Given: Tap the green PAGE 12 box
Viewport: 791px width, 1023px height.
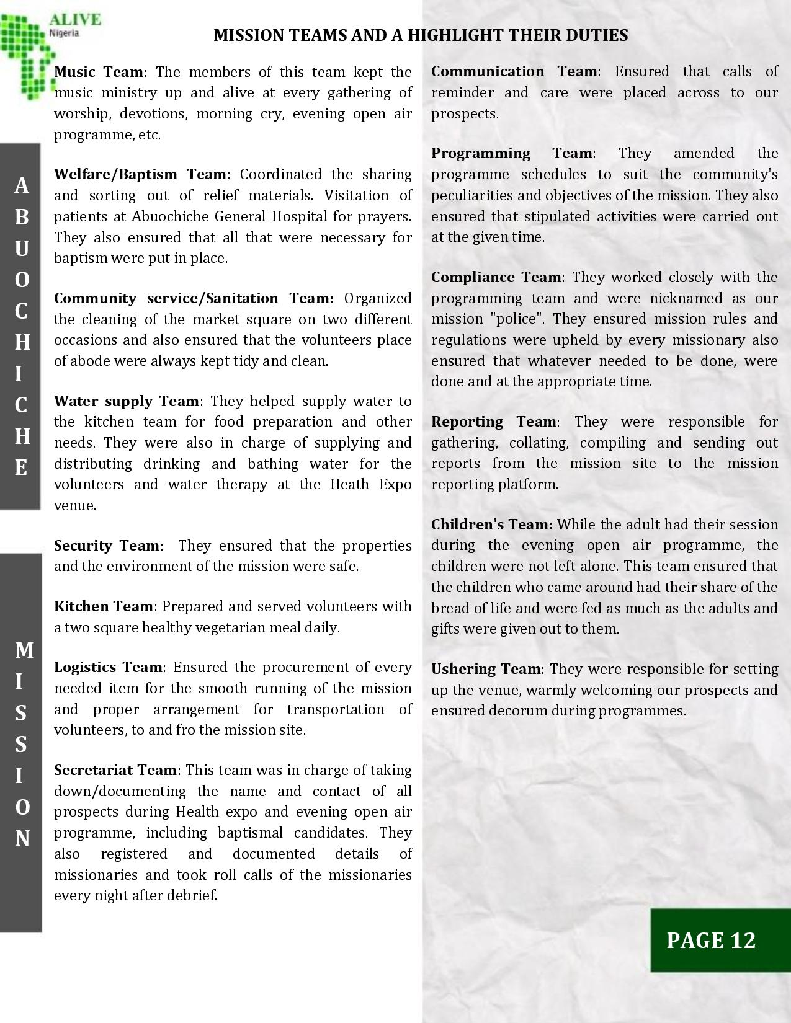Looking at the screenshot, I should pyautogui.click(x=711, y=940).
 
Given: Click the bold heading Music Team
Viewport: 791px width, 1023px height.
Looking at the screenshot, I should pyautogui.click(x=99, y=72).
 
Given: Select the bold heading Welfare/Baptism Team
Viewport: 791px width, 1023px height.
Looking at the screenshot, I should pyautogui.click(x=140, y=174).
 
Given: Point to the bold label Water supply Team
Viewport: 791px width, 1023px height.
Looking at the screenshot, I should pyautogui.click(x=126, y=401).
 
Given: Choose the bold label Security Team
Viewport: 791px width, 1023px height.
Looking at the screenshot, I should pyautogui.click(x=107, y=546).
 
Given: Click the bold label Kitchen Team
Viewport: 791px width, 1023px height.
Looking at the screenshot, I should pyautogui.click(x=103, y=606).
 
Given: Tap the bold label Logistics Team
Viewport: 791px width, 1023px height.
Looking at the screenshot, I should pyautogui.click(x=109, y=667).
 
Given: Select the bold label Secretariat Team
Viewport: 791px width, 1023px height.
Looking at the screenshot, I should pyautogui.click(x=115, y=770).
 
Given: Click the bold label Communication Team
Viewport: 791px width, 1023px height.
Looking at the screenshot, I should pyautogui.click(x=514, y=72).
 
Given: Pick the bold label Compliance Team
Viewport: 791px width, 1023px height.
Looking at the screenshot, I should pyautogui.click(x=496, y=277).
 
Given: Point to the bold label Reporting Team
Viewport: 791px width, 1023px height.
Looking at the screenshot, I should pyautogui.click(x=494, y=422).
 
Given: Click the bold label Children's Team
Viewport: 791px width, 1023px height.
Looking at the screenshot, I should pyautogui.click(x=491, y=525).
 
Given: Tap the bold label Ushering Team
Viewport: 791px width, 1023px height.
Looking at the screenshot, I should pyautogui.click(x=486, y=669).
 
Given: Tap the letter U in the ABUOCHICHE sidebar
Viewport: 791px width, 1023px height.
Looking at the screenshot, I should pyautogui.click(x=21, y=248).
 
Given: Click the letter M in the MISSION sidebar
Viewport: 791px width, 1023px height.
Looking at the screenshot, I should pyautogui.click(x=24, y=650).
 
